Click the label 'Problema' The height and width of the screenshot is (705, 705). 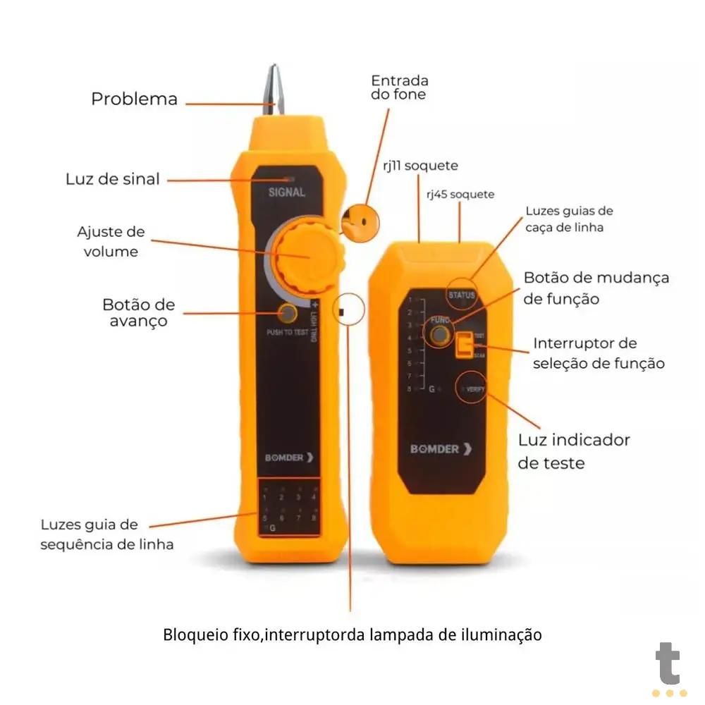(x=134, y=99)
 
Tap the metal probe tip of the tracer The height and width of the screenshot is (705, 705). (x=274, y=89)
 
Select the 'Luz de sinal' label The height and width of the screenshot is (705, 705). (x=113, y=179)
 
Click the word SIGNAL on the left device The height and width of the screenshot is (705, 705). (x=287, y=192)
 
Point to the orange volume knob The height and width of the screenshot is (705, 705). (x=308, y=257)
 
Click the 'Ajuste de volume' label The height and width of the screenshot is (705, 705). (x=111, y=241)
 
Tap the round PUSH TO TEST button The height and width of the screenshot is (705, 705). (x=287, y=314)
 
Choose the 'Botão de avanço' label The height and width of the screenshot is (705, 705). (x=138, y=312)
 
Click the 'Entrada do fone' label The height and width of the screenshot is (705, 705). (x=399, y=87)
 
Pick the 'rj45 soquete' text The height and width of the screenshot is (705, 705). (x=460, y=194)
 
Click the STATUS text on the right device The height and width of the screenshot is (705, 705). (x=462, y=295)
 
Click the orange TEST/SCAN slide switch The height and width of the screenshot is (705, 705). (x=465, y=345)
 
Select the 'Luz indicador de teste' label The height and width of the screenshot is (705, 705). (x=573, y=451)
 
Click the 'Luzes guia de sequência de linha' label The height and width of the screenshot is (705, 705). (x=106, y=534)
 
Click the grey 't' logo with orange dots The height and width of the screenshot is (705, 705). (x=668, y=670)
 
